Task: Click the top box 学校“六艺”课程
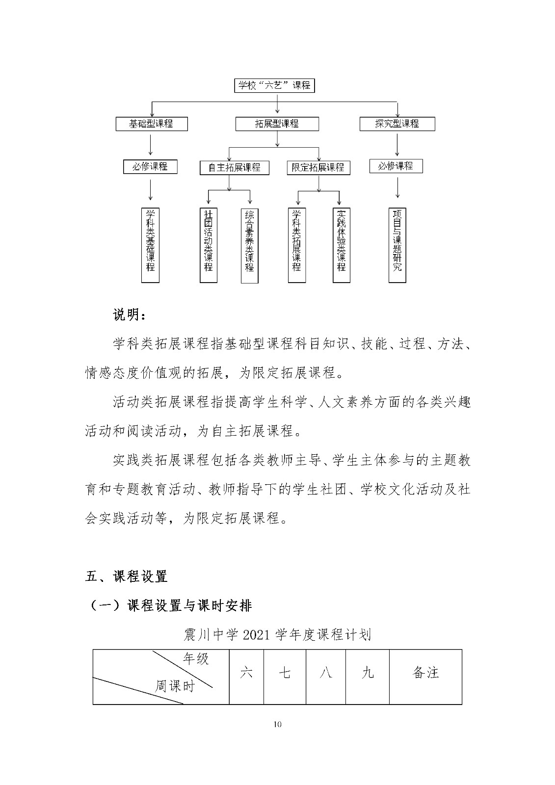(274, 86)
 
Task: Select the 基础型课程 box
(151, 124)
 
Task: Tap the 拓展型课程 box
(277, 124)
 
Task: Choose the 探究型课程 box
(397, 124)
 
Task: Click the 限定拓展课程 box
(318, 167)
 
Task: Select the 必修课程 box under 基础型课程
(150, 167)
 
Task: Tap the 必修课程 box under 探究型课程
(396, 166)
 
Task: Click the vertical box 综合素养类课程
(249, 245)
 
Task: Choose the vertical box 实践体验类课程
(341, 245)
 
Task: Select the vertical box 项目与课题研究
(397, 245)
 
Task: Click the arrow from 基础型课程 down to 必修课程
(150, 144)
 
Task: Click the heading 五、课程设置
(127, 576)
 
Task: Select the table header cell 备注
(425, 672)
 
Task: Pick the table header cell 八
(325, 672)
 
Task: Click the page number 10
(278, 725)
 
